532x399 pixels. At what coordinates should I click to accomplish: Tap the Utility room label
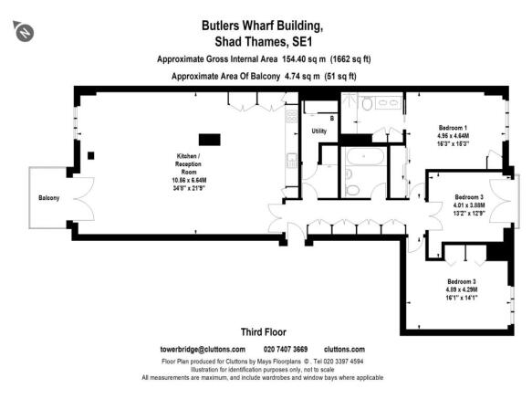318,131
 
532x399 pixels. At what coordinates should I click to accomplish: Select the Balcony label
48,198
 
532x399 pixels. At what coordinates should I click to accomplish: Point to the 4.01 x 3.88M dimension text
469,205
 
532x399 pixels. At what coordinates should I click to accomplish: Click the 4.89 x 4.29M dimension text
462,289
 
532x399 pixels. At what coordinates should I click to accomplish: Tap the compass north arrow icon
26,33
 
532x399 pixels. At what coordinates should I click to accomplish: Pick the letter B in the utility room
331,120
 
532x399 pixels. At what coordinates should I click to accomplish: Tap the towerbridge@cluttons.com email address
203,350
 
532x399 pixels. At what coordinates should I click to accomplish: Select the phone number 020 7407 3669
286,350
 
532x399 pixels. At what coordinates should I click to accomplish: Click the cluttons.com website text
344,350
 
